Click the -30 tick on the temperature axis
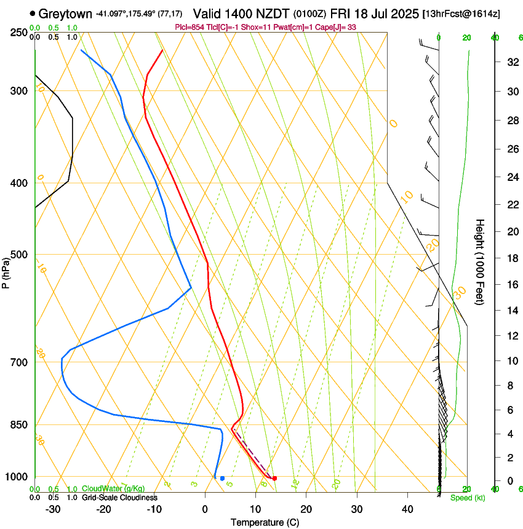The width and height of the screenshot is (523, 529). click(54, 509)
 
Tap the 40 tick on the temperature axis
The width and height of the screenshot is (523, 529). click(407, 509)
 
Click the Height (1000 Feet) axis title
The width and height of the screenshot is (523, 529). click(481, 261)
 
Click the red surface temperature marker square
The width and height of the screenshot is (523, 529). click(274, 478)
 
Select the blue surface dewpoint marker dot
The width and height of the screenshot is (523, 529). click(222, 478)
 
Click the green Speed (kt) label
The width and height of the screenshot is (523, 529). click(468, 498)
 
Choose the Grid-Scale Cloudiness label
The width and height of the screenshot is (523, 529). click(119, 498)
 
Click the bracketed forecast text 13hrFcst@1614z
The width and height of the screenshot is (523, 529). click(469, 14)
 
